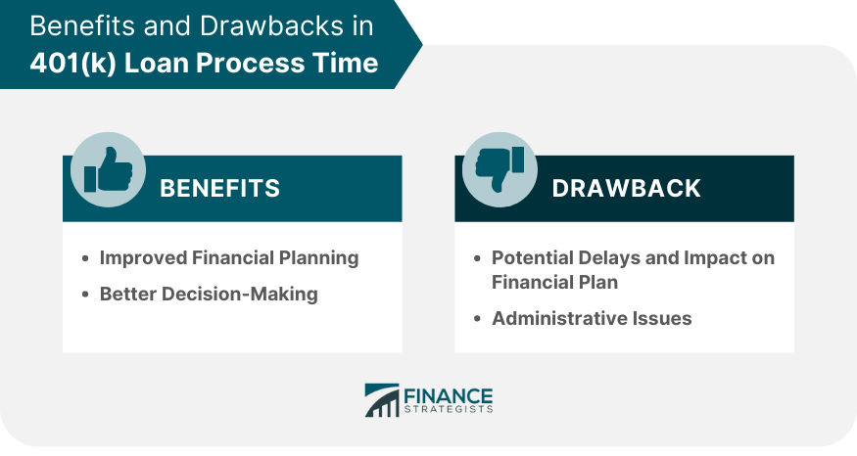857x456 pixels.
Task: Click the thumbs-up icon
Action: tap(108, 169)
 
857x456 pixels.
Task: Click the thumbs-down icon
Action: tap(500, 169)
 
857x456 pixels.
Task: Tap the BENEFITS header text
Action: tap(219, 189)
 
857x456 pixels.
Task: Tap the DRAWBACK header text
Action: tap(627, 189)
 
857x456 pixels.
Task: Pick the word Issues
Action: tap(662, 318)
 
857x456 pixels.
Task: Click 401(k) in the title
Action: tap(73, 63)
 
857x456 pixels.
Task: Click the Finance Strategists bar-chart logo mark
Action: tap(382, 400)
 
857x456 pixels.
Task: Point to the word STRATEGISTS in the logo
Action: tap(449, 409)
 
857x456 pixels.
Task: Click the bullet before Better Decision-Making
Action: tap(84, 295)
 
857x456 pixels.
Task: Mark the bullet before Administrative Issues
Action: tap(477, 318)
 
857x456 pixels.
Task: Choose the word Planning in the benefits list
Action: tap(318, 258)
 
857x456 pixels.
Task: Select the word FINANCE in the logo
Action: tap(449, 395)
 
